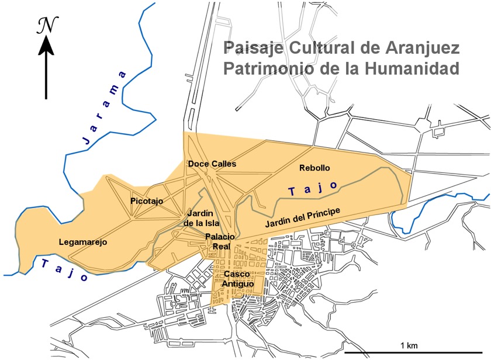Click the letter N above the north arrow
(45, 24)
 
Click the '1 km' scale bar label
(409, 345)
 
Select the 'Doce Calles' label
(212, 164)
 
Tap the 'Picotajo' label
(147, 201)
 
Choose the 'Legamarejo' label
(83, 242)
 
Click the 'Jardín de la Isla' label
(200, 218)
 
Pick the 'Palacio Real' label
(220, 241)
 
